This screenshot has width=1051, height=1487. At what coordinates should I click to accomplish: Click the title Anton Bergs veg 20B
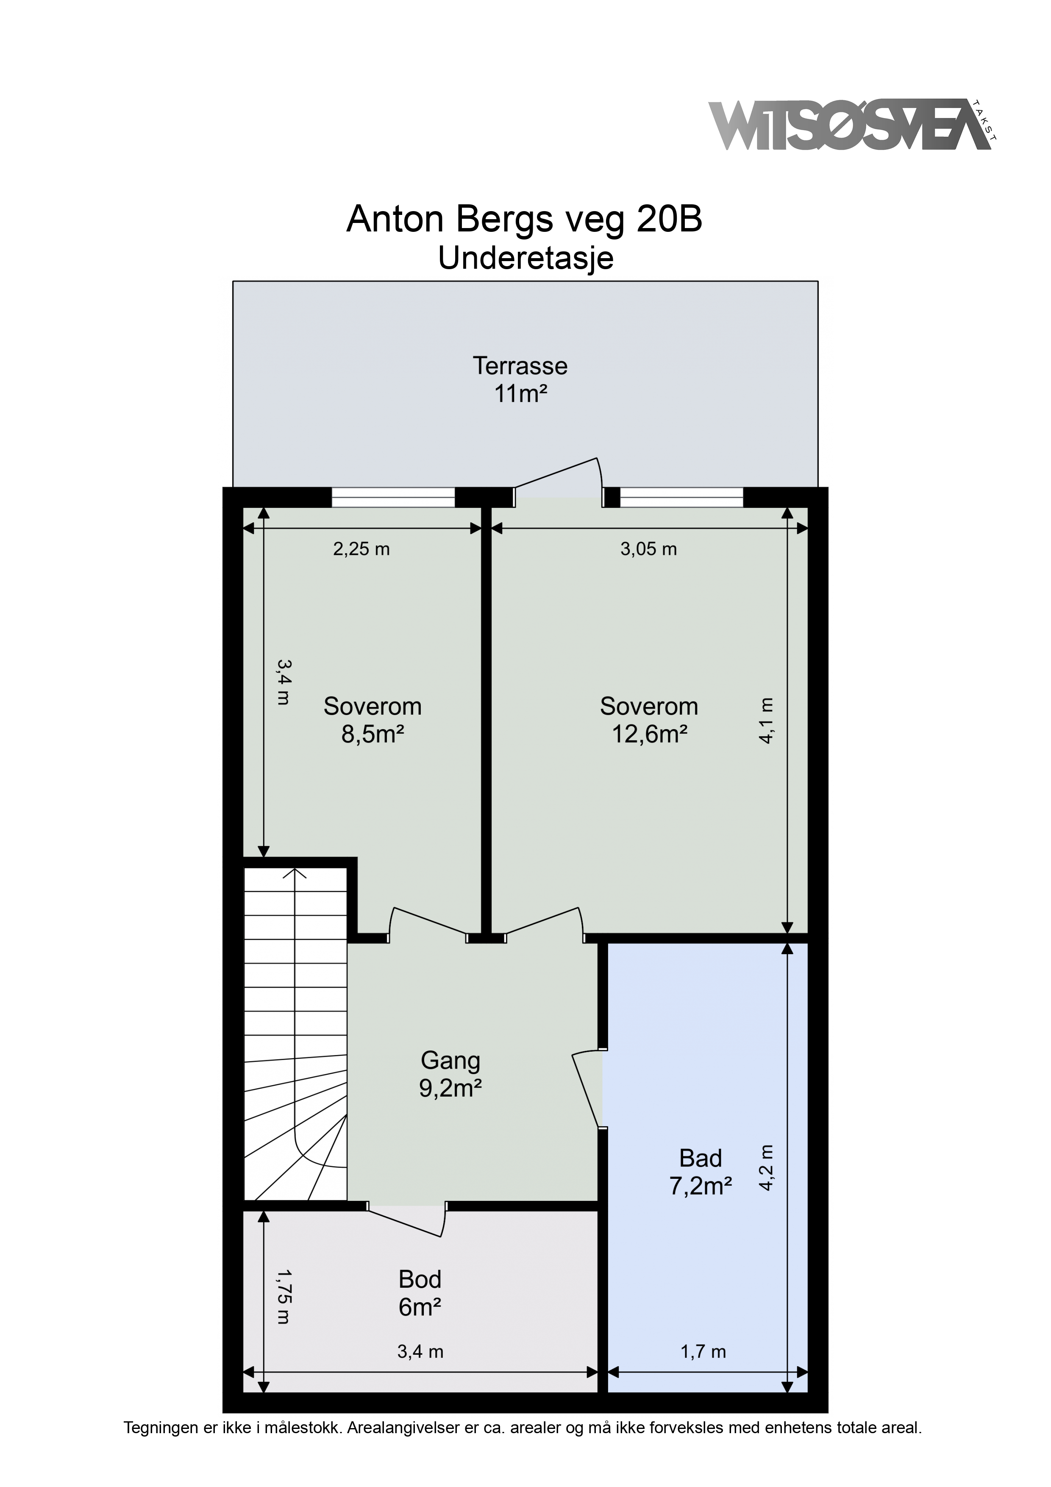pos(525,220)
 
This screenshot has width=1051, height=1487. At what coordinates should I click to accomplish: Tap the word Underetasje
pos(526,259)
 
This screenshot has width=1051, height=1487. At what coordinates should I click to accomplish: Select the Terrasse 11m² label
pos(520,379)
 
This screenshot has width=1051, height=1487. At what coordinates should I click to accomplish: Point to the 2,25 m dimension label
pos(361,549)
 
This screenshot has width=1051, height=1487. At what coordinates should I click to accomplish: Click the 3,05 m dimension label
pos(649,549)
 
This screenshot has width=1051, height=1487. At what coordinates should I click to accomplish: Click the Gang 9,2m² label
pos(451,1075)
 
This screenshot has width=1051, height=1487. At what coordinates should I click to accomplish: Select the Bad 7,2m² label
pos(701,1172)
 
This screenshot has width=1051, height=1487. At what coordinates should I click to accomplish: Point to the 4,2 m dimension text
pos(766,1168)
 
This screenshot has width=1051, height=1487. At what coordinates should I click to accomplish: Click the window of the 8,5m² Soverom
pos(393,497)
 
